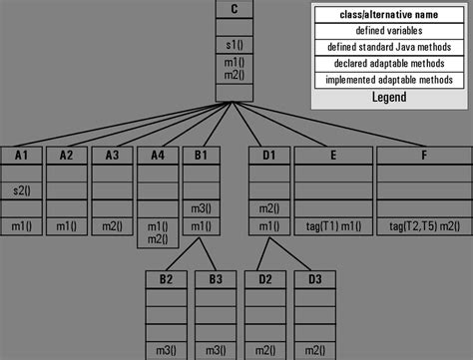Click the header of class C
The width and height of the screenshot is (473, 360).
[234, 10]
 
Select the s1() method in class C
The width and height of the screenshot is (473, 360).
[234, 45]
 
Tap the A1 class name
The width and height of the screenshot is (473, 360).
[21, 155]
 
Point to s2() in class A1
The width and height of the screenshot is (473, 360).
[21, 189]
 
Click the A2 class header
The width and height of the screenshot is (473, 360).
[66, 155]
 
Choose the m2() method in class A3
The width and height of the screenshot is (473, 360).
[110, 227]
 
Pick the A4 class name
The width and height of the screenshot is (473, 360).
[156, 155]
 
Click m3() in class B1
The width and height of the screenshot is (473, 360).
[201, 208]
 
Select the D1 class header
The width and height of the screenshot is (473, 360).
[266, 155]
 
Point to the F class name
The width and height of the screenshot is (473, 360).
[423, 155]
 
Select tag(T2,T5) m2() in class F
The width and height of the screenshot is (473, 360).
[423, 227]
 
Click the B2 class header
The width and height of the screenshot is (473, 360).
[165, 278]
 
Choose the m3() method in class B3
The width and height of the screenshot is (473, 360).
[215, 350]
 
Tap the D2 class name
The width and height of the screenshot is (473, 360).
[264, 278]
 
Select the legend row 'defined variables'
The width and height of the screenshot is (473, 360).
[388, 31]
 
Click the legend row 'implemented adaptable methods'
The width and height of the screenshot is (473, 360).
[388, 79]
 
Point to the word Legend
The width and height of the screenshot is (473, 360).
[388, 97]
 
